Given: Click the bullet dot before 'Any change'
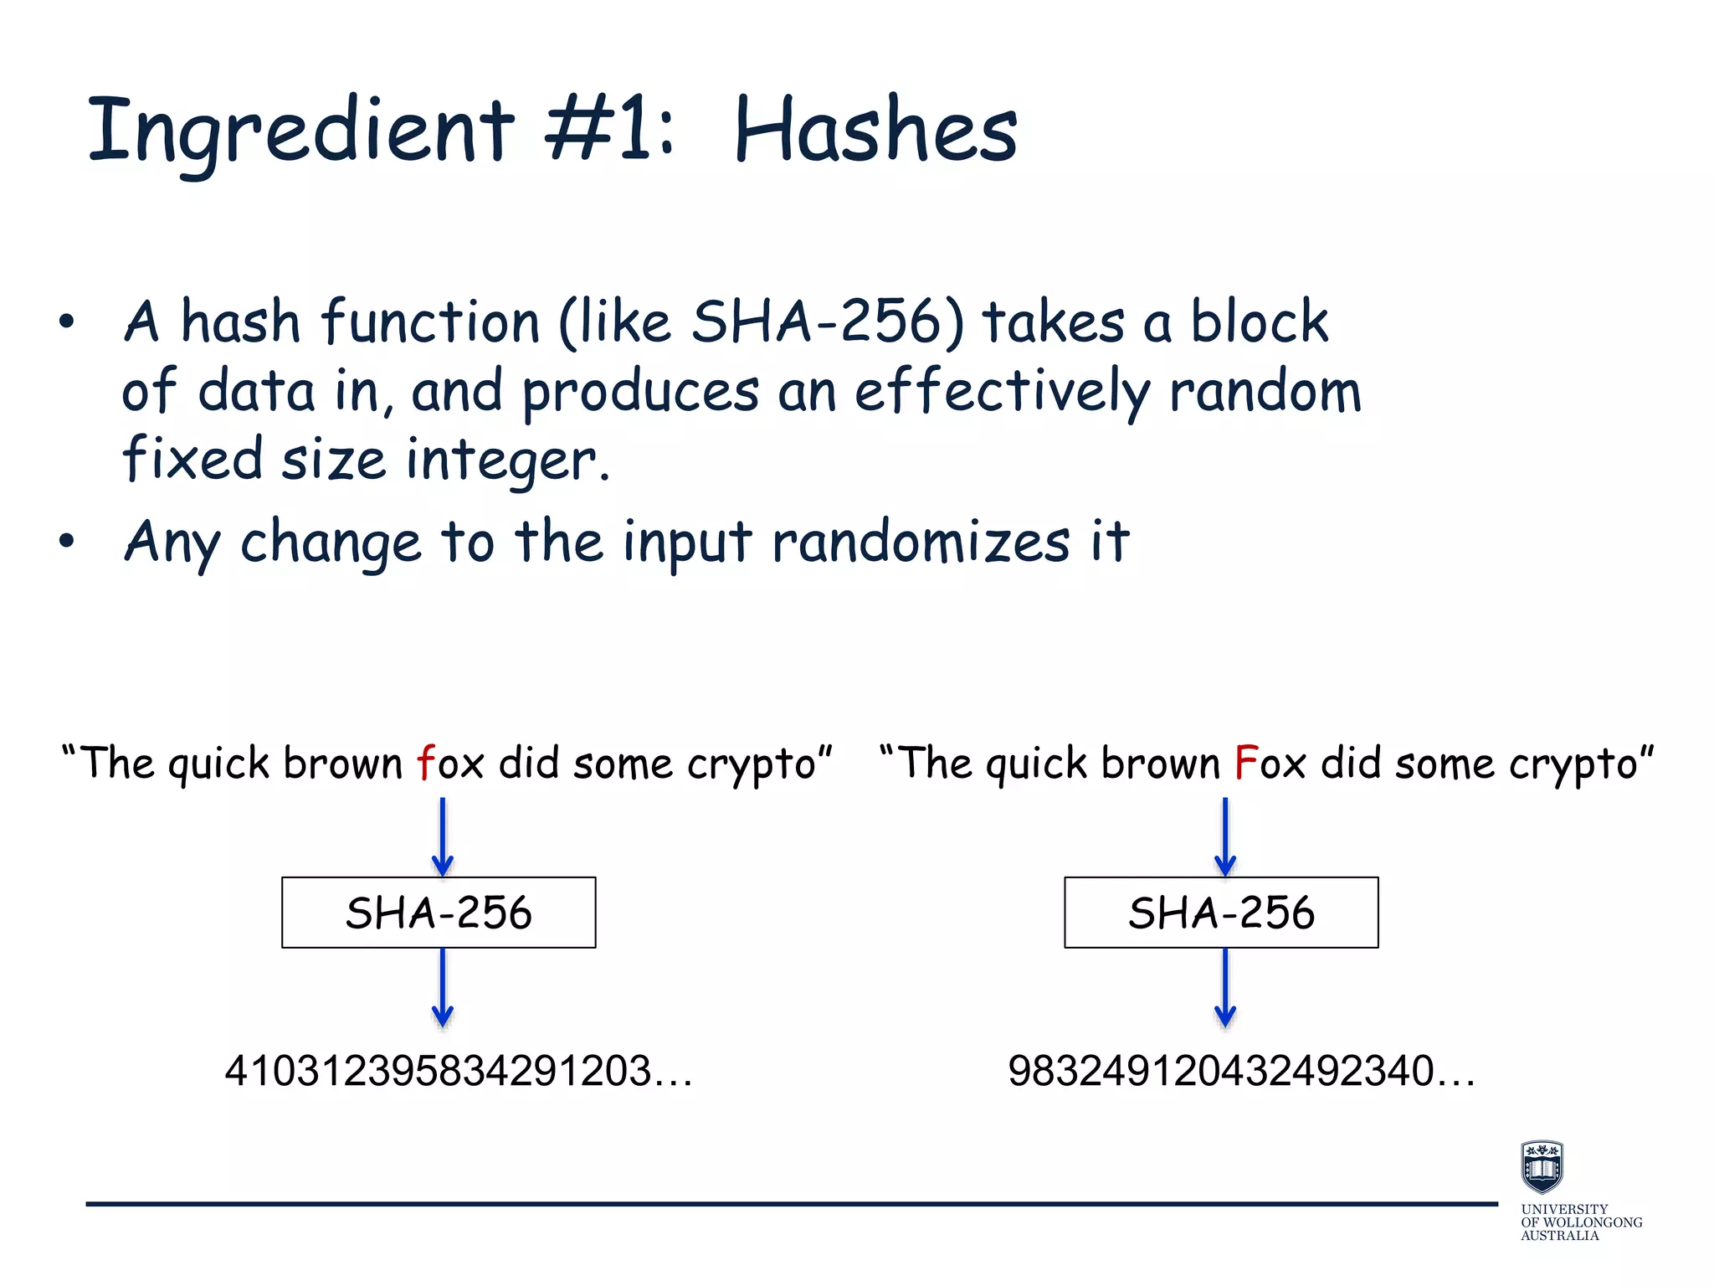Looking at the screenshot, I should [x=67, y=541].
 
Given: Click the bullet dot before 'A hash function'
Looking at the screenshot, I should [x=67, y=321].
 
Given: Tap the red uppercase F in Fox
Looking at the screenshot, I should [x=1246, y=763].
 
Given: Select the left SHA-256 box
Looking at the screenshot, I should [x=439, y=913].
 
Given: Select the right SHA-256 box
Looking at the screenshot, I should [x=1221, y=913].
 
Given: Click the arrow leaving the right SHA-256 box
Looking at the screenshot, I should [x=1225, y=988].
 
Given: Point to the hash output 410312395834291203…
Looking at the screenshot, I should [x=459, y=1071].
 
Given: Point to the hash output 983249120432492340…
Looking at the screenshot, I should [x=1242, y=1071].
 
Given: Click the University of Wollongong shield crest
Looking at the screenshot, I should [x=1542, y=1166].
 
